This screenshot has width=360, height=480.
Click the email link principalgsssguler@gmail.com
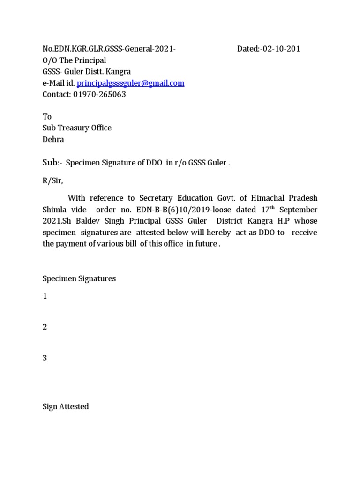point(130,83)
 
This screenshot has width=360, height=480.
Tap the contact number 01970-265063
point(99,95)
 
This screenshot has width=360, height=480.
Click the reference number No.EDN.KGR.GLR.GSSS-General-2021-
point(109,49)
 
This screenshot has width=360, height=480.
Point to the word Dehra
point(53,139)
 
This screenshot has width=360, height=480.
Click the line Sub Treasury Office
point(77,128)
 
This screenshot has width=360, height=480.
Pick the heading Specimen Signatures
point(79,278)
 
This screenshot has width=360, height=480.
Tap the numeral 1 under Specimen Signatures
point(45,297)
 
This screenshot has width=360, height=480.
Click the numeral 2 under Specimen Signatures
point(45,327)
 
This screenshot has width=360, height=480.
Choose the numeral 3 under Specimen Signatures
point(45,359)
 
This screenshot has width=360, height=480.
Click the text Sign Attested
point(66,407)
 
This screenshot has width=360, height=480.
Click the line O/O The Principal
point(74,60)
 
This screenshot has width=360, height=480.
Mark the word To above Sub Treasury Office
point(47,117)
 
